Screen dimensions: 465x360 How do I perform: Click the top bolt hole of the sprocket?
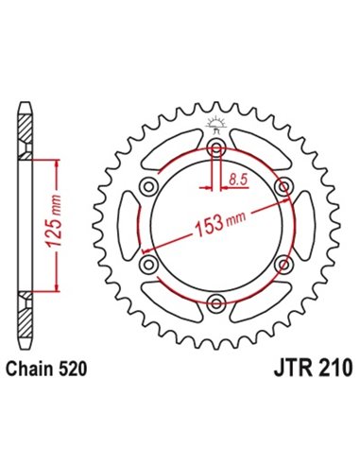217,152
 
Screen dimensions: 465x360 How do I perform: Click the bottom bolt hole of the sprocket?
217,302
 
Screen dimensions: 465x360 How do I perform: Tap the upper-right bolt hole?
283,190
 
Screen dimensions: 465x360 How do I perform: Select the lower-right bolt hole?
283,266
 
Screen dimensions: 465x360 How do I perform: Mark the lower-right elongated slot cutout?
261,302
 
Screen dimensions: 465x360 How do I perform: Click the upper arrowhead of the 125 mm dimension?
60,162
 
